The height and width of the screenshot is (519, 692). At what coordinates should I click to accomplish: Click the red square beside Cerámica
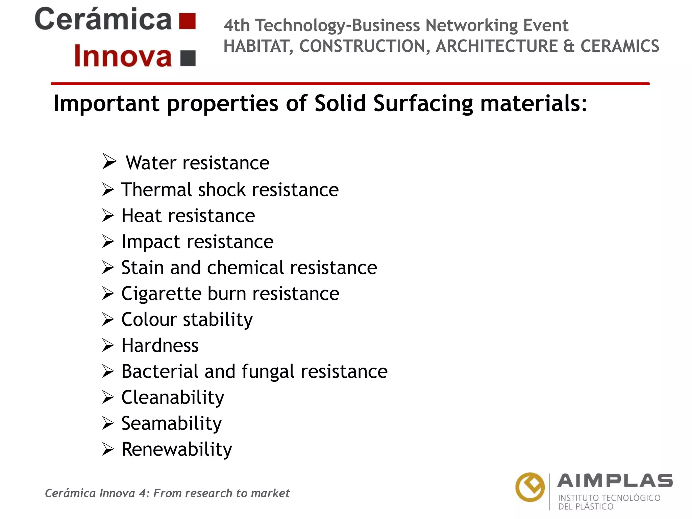click(187, 21)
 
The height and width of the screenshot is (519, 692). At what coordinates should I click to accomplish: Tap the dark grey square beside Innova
click(188, 58)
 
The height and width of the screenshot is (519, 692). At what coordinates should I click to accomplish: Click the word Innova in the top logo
click(123, 56)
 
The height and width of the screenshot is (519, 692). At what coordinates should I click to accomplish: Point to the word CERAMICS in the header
click(620, 46)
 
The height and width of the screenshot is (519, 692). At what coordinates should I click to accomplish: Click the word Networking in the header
click(472, 26)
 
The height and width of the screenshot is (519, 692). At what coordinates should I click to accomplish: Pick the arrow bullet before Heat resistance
click(108, 216)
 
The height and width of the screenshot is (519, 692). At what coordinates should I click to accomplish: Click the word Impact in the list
click(151, 242)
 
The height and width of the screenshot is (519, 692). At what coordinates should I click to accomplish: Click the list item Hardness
click(160, 346)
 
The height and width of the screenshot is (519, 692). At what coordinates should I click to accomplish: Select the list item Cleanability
click(173, 398)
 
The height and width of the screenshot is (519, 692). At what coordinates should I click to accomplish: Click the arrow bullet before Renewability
click(108, 449)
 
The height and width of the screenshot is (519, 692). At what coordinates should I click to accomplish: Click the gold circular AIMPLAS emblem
click(530, 487)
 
